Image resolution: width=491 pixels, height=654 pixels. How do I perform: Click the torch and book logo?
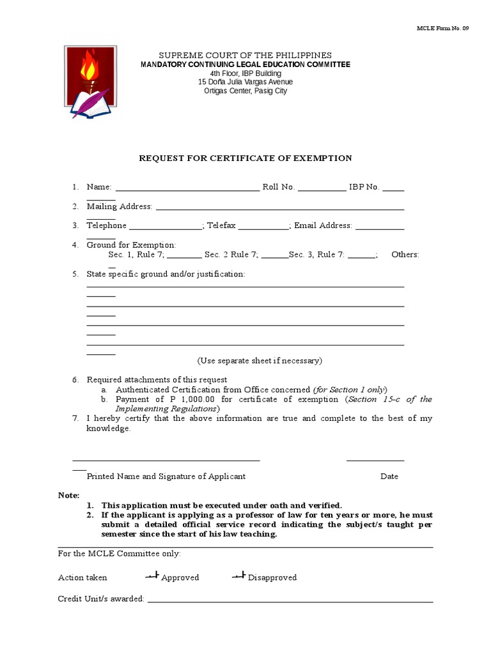point(90,82)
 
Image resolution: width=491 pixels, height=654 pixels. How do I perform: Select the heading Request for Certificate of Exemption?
point(245,158)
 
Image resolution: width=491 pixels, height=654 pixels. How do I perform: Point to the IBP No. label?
point(364,187)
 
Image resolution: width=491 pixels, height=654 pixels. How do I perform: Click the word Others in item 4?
point(405,254)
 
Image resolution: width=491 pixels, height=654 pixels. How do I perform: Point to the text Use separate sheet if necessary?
point(260,361)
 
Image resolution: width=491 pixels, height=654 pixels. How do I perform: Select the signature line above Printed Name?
point(166,460)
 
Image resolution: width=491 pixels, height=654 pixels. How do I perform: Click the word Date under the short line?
point(389,476)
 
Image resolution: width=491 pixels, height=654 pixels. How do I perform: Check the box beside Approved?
point(152,576)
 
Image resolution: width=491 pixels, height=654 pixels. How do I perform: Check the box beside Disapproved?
point(238,576)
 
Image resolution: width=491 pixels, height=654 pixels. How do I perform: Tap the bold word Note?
point(68,495)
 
